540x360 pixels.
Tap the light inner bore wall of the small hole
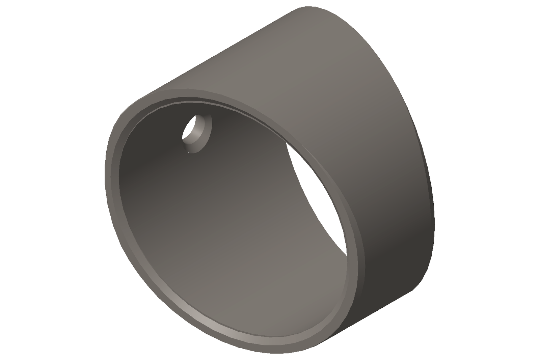(198, 130)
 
